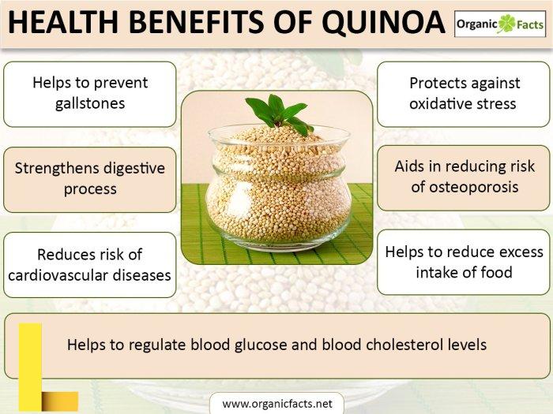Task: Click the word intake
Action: (438, 272)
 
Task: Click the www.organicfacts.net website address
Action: (276, 403)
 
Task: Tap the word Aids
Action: (410, 166)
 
